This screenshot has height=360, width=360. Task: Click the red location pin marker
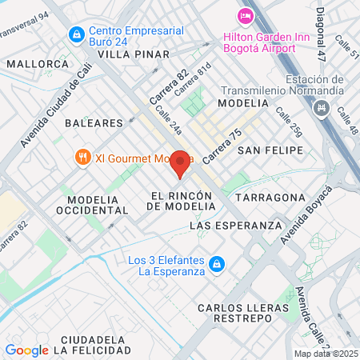(181, 162)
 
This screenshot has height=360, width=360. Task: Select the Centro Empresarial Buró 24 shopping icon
(77, 34)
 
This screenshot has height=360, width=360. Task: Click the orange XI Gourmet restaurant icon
(82, 158)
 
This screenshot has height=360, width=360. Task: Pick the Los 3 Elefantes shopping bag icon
(215, 264)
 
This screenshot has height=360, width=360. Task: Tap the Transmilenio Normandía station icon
(323, 107)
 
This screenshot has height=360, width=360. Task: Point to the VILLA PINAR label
(134, 54)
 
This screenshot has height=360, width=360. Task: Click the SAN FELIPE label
(271, 150)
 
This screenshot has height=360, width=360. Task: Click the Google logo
(26, 350)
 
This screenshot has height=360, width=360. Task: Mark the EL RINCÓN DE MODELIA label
(182, 200)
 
